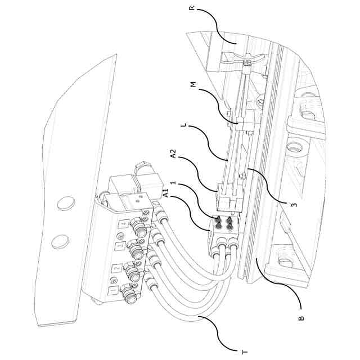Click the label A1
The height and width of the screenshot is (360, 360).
pos(166,194)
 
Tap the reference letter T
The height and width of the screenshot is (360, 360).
pos(244,352)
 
